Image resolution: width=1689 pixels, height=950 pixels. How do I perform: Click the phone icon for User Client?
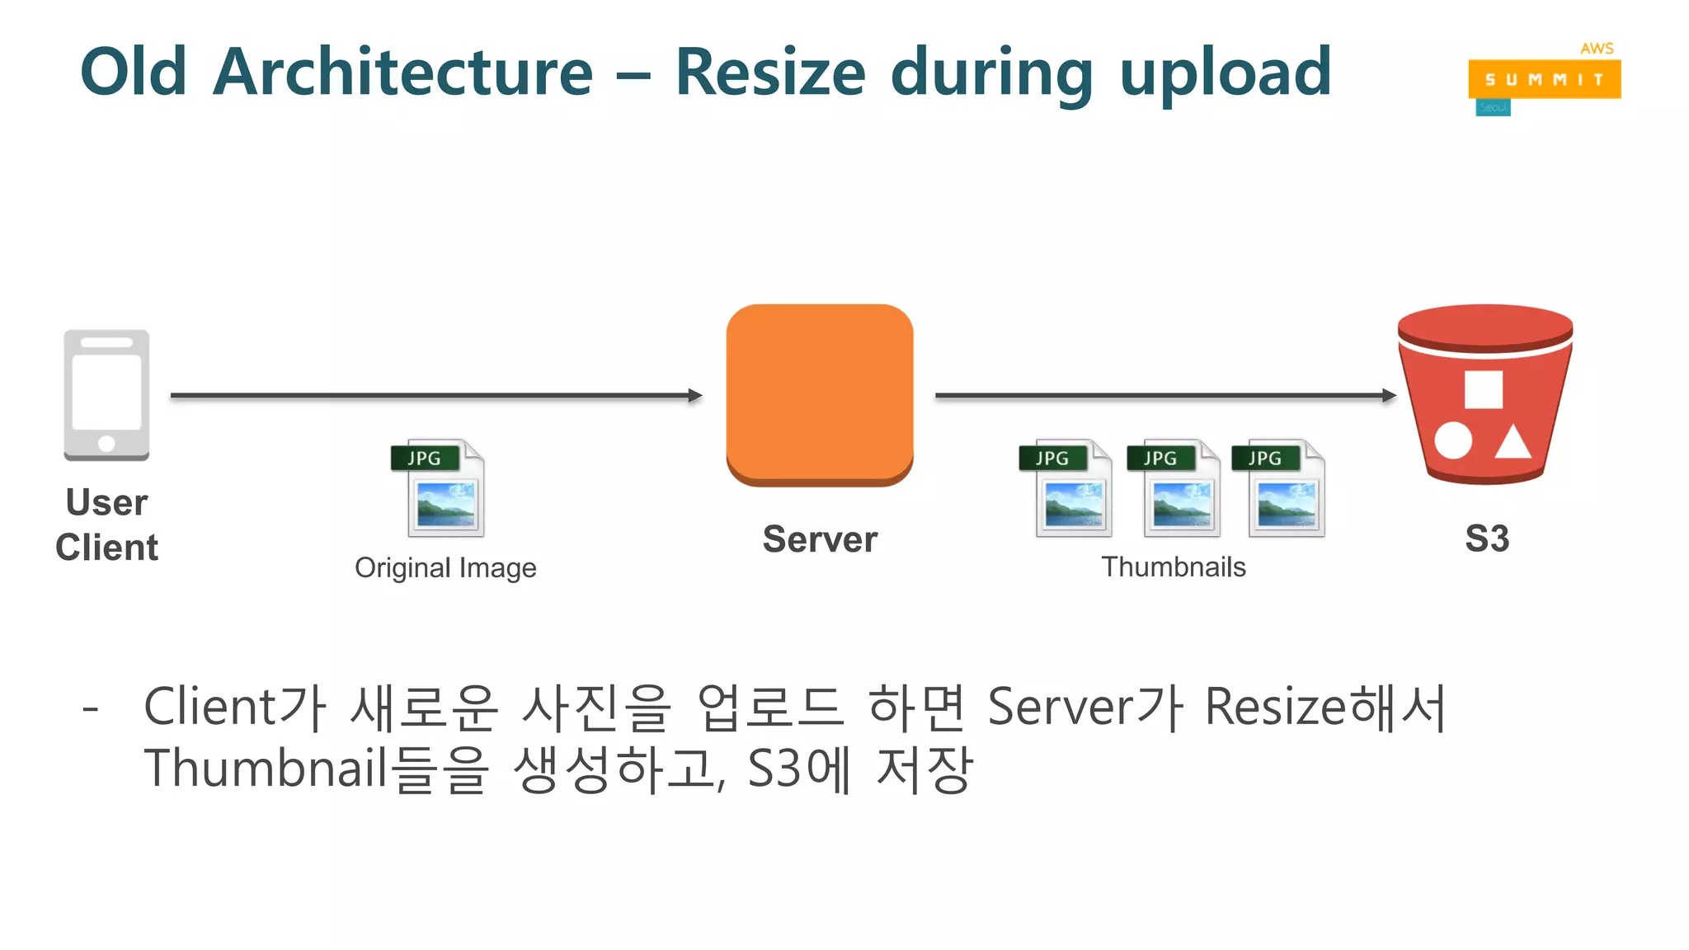106,395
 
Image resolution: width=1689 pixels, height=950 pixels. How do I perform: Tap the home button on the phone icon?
106,443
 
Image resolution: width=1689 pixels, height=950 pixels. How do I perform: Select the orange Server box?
819,394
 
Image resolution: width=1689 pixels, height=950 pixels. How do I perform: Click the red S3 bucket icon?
1484,394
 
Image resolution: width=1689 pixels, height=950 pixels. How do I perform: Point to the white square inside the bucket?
1483,389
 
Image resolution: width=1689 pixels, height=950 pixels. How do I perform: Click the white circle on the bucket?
1452,440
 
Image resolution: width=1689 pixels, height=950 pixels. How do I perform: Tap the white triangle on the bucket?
1513,442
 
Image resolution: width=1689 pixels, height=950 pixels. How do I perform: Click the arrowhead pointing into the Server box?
695,396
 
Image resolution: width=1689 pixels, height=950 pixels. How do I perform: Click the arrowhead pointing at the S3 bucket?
1390,396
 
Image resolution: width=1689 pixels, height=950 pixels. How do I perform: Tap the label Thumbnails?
1173,567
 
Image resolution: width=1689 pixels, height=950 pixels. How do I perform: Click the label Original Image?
445,568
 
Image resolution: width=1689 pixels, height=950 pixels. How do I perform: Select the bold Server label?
820,539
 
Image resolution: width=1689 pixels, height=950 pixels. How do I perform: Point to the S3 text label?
1487,539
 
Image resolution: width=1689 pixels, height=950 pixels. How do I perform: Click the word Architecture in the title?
402,73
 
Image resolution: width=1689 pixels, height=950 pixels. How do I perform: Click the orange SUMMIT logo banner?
1544,79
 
